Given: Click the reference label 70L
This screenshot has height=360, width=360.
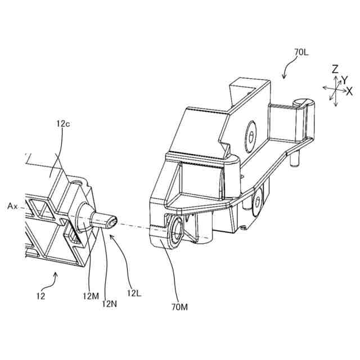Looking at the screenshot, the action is click(x=301, y=53).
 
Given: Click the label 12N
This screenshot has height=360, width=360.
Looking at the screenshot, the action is click(x=110, y=304).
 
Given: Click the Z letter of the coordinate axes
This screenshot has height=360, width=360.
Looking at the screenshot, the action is click(x=335, y=69).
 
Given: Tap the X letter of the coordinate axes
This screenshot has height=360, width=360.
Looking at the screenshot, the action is click(x=349, y=90).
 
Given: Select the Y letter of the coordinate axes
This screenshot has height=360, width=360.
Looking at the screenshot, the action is click(x=344, y=80).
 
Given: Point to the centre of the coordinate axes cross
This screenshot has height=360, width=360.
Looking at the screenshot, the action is click(x=335, y=88).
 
